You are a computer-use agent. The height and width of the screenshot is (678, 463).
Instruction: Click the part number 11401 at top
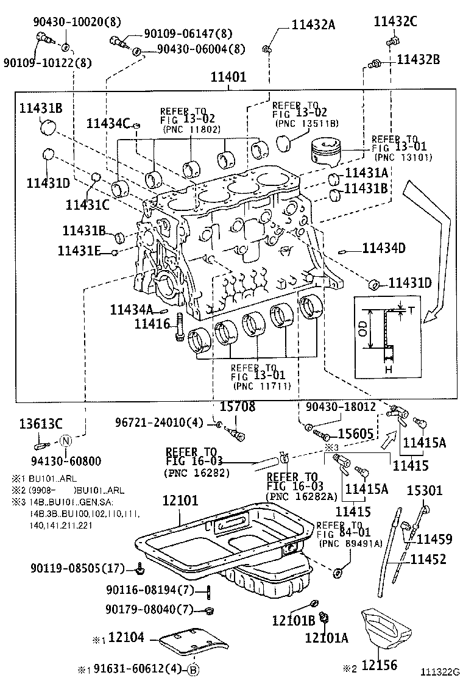(x=228, y=77)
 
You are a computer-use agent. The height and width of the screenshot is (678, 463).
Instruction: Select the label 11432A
(x=313, y=25)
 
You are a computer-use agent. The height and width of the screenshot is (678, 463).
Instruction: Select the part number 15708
(x=237, y=407)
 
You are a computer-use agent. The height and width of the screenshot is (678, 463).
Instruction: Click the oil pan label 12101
(x=180, y=501)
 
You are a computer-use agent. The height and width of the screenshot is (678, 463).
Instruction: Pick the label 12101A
(x=327, y=638)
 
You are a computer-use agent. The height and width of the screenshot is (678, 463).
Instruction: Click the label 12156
(x=380, y=665)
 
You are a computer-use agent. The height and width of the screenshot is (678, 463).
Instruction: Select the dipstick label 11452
(x=428, y=558)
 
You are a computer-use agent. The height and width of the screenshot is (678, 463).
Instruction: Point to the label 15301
(x=425, y=490)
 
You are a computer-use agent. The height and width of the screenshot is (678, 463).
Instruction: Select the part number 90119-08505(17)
(x=77, y=568)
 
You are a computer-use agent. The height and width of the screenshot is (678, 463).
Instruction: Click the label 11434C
(x=108, y=124)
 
